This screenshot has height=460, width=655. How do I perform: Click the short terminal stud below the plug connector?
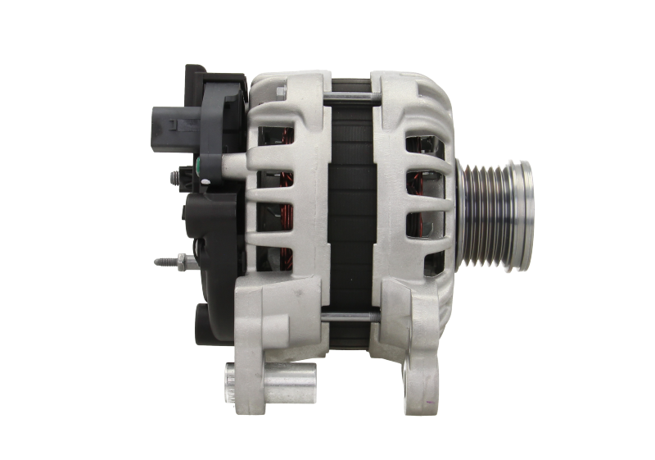click(176, 175)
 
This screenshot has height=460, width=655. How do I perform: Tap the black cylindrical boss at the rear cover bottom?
click(206, 319)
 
